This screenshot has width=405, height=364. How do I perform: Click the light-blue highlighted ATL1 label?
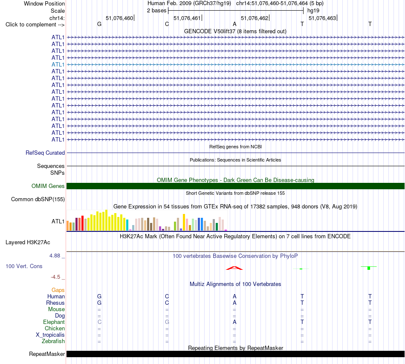pyautogui.click(x=58, y=64)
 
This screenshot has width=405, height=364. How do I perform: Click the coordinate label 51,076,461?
pyautogui.click(x=187, y=18)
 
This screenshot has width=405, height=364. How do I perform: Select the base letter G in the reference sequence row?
pyautogui.click(x=99, y=24)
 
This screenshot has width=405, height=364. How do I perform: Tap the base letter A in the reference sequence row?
pyautogui.click(x=234, y=24)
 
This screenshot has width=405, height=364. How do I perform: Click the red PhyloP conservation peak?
pyautogui.click(x=234, y=268)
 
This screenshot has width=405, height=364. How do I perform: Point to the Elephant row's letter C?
pyautogui.click(x=99, y=322)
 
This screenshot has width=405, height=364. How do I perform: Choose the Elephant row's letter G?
pyautogui.click(x=167, y=322)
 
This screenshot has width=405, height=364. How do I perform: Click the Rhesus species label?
pyautogui.click(x=55, y=303)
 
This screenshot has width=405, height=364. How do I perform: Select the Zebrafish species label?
pyautogui.click(x=53, y=341)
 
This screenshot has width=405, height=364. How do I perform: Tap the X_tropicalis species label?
pyautogui.click(x=50, y=335)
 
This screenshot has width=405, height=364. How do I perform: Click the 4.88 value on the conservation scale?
pyautogui.click(x=55, y=256)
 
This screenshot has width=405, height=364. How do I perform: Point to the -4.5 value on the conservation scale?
pyautogui.click(x=55, y=277)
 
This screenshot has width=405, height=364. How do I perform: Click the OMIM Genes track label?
pyautogui.click(x=48, y=186)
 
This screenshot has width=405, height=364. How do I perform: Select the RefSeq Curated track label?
pyautogui.click(x=45, y=153)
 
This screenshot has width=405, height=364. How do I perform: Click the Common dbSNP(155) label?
pyautogui.click(x=38, y=199)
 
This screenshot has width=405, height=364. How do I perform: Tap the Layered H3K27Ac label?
pyautogui.click(x=28, y=243)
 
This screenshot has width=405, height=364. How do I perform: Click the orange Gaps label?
pyautogui.click(x=58, y=290)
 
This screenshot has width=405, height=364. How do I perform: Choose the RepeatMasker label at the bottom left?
pyautogui.click(x=47, y=354)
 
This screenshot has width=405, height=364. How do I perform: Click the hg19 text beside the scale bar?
pyautogui.click(x=313, y=11)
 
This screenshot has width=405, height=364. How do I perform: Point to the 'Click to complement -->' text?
pyautogui.click(x=35, y=25)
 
